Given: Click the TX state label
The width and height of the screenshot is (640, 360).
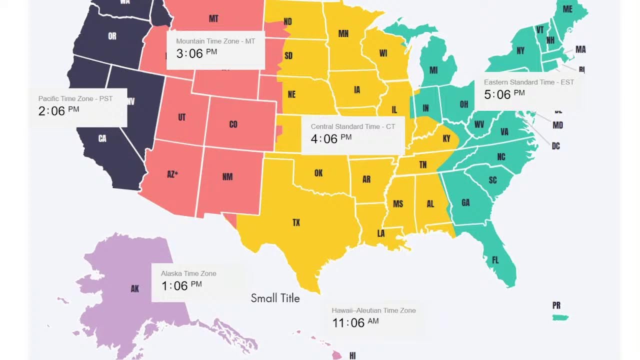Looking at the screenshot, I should [x=296, y=222].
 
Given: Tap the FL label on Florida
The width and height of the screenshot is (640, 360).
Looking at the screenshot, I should [x=495, y=260].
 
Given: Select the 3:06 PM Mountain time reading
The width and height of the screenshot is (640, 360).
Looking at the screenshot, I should [x=196, y=53].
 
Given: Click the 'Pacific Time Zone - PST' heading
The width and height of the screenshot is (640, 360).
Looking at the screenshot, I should [x=75, y=98].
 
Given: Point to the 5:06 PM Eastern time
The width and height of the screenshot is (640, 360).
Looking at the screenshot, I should [x=504, y=94].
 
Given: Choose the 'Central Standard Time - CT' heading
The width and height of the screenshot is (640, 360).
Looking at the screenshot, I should [x=352, y=126].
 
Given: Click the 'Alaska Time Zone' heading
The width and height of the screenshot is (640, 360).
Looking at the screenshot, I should [x=188, y=273].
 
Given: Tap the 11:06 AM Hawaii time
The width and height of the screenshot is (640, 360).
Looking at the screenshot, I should [x=355, y=322].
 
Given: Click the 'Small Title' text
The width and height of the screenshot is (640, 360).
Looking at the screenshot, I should [x=275, y=298].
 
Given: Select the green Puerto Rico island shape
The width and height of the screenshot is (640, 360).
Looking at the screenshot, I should [x=560, y=317].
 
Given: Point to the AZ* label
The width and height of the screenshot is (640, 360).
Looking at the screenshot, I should [x=172, y=174].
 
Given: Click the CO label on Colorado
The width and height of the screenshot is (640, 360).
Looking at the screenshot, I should [x=233, y=124].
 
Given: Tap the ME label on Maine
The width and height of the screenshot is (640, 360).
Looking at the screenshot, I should [x=567, y=9].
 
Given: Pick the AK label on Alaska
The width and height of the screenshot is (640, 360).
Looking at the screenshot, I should [x=134, y=288].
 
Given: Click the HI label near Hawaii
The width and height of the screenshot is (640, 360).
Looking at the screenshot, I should [x=352, y=355].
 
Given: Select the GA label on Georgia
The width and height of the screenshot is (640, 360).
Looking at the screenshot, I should [x=465, y=202].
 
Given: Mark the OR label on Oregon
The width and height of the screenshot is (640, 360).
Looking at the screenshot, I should [x=112, y=36].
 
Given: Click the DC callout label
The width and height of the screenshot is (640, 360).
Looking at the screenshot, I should [x=555, y=146].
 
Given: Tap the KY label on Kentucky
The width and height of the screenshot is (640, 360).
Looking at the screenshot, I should [x=446, y=138].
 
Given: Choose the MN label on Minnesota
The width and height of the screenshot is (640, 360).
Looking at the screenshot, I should [x=343, y=33].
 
